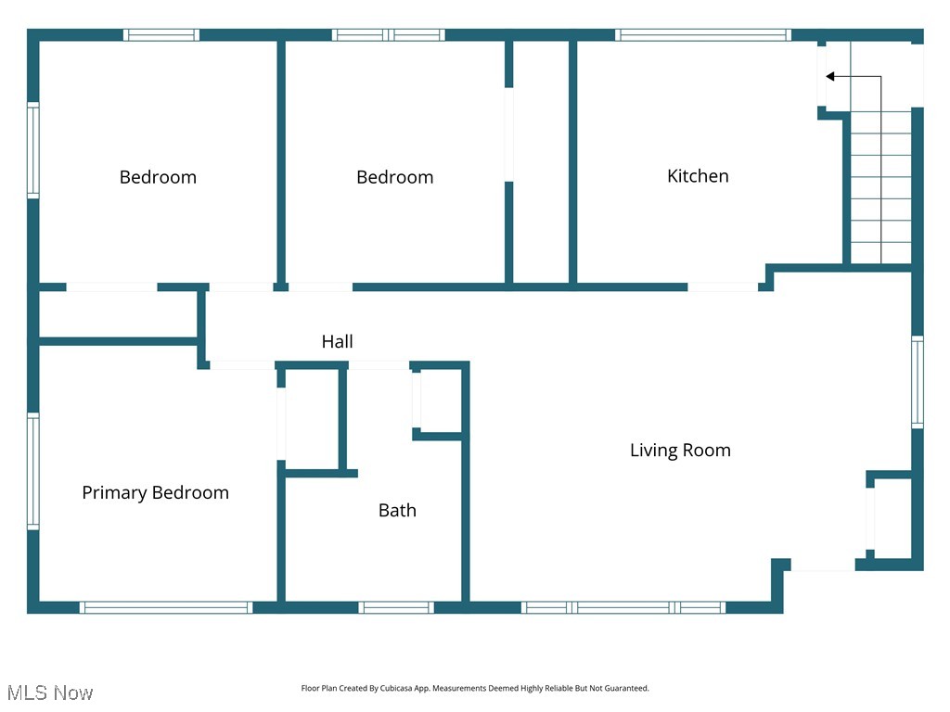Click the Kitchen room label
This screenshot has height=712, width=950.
coord(698,176)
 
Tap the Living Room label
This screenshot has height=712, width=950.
coord(680,451)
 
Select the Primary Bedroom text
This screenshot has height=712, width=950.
coord(155,493)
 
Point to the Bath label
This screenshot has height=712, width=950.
coord(397,511)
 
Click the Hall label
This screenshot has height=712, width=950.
coord(337,342)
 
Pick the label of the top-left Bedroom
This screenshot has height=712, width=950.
coord(158,177)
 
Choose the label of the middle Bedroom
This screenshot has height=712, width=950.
coord(394,177)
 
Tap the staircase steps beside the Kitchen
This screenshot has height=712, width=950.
coord(881,185)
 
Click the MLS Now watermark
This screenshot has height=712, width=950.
coord(51,693)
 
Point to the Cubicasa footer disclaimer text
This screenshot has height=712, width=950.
coord(475,689)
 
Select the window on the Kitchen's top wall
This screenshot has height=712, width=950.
coord(702,35)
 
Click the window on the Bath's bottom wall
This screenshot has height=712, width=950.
coord(396,608)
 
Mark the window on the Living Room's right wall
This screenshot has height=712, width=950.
coord(918,381)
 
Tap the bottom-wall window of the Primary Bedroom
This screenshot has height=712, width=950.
coord(166,608)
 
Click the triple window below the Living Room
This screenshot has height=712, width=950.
coord(623,608)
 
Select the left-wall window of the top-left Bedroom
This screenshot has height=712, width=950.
coord(33,150)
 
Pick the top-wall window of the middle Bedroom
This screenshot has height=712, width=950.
coord(389,35)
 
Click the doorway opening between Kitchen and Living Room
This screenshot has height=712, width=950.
coord(723,287)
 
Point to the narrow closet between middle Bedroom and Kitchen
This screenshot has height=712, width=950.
coord(541,162)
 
